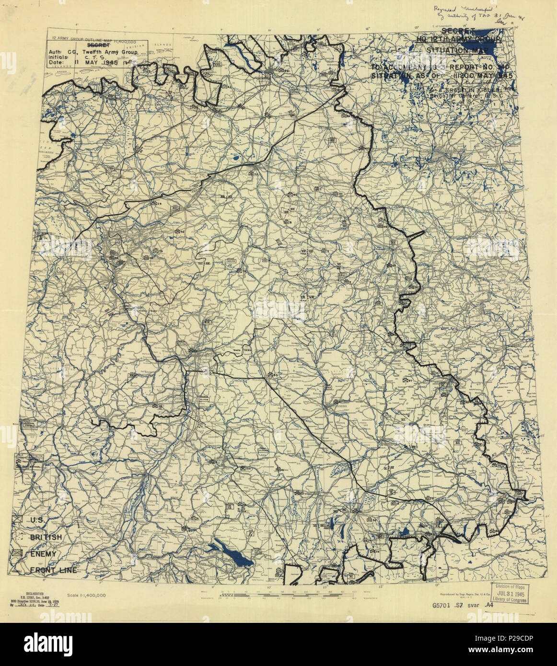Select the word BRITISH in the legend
[x=46, y=537]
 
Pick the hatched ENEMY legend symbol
[x=19, y=553]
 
